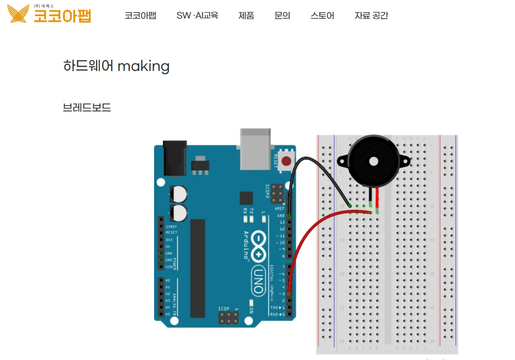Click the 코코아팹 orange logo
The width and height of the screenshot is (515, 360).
[x=49, y=15]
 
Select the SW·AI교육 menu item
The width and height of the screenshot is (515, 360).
[x=197, y=15]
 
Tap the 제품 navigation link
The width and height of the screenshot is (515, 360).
[x=246, y=15]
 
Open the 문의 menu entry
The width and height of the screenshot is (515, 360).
[x=282, y=15]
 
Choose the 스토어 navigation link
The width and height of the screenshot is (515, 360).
[x=322, y=15]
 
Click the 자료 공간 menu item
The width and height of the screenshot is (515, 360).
[x=371, y=15]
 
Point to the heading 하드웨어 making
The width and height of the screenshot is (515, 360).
[x=116, y=66]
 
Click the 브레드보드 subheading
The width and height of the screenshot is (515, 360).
[x=87, y=108]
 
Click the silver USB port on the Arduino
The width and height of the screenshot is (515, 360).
[x=255, y=149]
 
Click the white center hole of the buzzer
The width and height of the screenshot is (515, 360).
[x=373, y=162]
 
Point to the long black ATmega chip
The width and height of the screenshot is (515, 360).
[x=197, y=268]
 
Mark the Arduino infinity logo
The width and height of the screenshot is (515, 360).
[x=258, y=246]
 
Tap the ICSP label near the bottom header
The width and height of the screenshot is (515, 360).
[x=223, y=309]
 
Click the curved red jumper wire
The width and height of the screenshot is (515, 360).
[x=312, y=231]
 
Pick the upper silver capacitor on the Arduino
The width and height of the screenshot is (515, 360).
[x=179, y=194]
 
